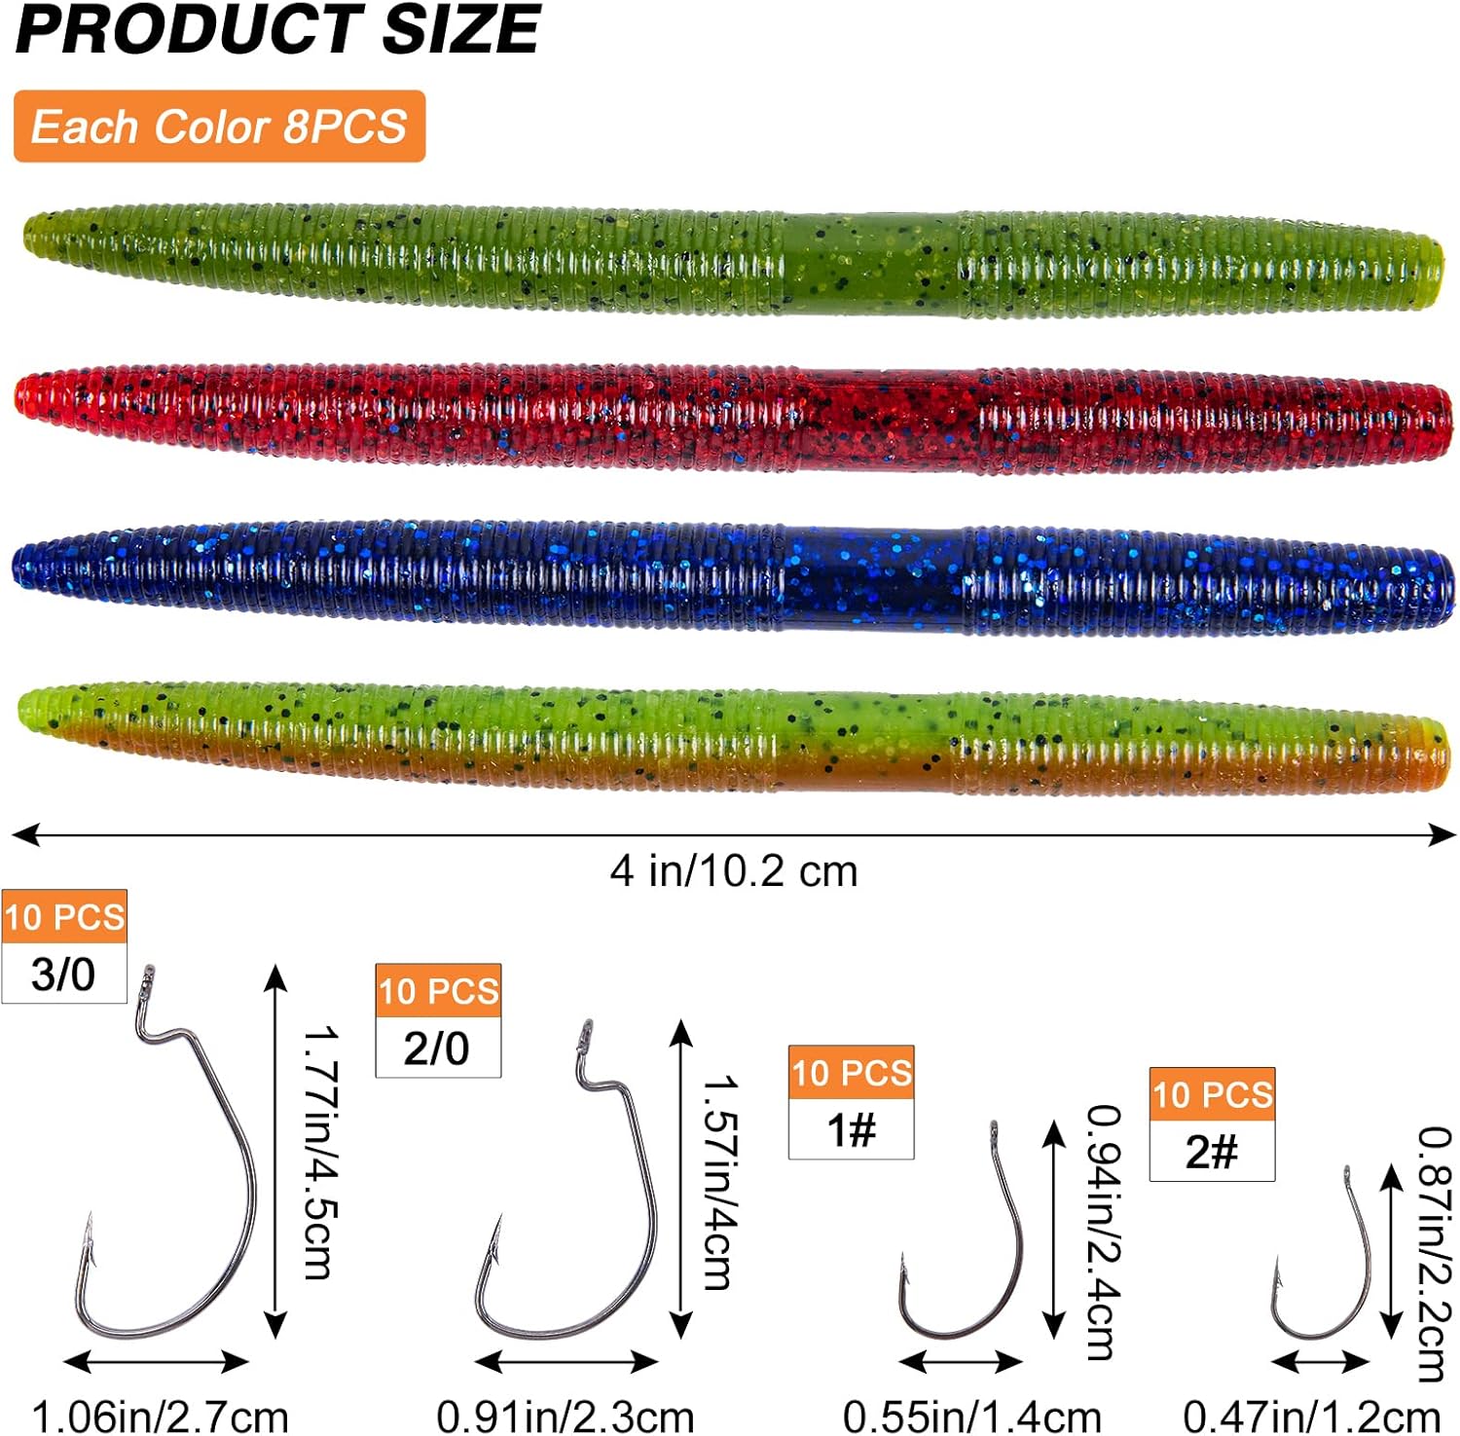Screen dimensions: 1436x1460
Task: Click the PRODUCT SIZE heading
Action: pos(277,29)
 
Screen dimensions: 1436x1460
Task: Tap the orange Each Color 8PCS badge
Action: pos(219,127)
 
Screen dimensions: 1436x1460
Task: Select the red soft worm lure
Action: pos(730,422)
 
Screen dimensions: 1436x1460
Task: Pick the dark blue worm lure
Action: pos(730,579)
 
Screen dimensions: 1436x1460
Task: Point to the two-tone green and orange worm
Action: pos(730,737)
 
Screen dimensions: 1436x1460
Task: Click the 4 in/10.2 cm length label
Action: pos(734,871)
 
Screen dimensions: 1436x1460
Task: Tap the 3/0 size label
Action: pos(63,975)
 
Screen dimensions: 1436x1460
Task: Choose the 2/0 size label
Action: pos(437,1049)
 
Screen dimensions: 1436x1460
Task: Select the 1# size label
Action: pos(851,1130)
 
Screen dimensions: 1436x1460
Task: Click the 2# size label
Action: pos(1212,1152)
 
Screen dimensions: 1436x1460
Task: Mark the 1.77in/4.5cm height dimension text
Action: pos(319,1154)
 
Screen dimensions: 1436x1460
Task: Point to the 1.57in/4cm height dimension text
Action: pos(720,1183)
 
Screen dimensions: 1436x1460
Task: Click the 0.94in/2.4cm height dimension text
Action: pos(1104,1232)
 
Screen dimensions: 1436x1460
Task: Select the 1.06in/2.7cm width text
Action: pos(161,1417)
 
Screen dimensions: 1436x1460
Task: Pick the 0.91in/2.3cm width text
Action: pos(566,1417)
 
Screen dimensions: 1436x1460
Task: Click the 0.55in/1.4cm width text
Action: pos(971,1417)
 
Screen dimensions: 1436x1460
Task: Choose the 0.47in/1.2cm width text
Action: pos(1311,1417)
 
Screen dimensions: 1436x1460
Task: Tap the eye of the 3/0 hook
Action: pos(149,976)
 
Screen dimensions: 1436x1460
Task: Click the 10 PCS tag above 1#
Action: pos(852,1073)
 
